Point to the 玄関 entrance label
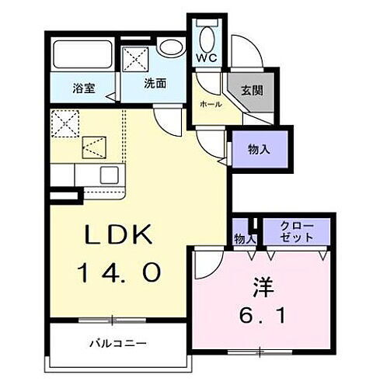[250, 91]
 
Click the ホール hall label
[210, 104]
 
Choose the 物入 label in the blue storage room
[260, 150]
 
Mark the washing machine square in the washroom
[137, 56]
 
